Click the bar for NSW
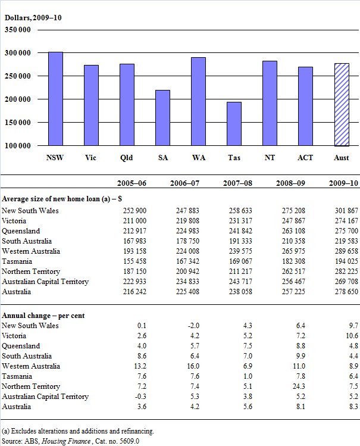[55, 99]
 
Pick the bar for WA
[198, 102]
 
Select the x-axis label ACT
[305, 158]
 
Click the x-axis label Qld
[127, 158]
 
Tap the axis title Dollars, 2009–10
[33, 18]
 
